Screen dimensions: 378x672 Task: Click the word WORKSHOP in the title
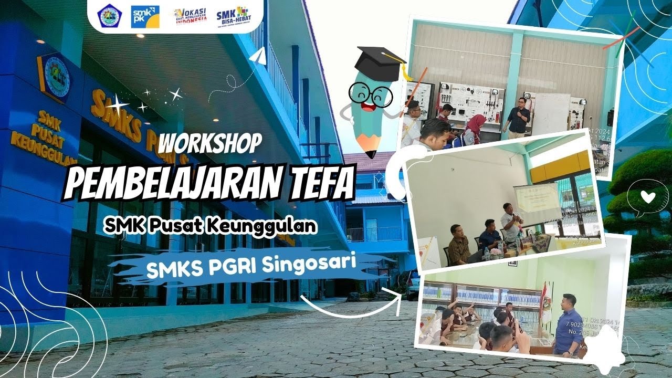(210, 143)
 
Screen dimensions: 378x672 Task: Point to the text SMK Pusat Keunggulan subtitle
(211, 226)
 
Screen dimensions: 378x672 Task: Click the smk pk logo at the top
(145, 16)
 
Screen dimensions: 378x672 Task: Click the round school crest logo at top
(110, 16)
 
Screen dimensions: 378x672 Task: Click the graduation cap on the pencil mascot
(380, 64)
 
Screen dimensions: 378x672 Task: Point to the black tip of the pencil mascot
(371, 153)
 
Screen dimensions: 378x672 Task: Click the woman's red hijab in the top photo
(476, 124)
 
